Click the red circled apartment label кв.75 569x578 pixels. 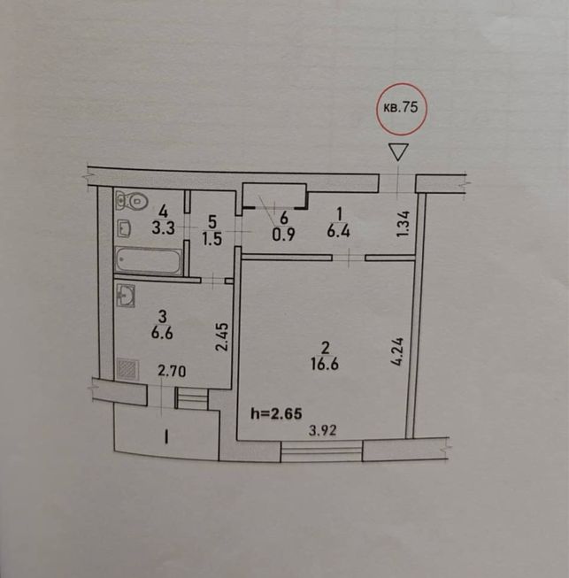(402, 109)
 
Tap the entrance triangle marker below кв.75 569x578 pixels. (398, 152)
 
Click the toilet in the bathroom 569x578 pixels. (132, 201)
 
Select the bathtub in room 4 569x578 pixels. (149, 261)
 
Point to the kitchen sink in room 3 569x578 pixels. (126, 296)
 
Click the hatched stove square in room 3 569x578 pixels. (127, 369)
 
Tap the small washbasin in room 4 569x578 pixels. (124, 229)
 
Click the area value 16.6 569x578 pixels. (325, 365)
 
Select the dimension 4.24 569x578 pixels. (398, 351)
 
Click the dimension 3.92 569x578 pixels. (322, 430)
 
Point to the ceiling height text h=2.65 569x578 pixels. (276, 413)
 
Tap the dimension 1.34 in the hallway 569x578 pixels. (404, 223)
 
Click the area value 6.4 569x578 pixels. (338, 232)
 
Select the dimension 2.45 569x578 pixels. (223, 336)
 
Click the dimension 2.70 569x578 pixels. (172, 371)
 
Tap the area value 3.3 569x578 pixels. (163, 228)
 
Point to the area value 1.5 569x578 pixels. (212, 239)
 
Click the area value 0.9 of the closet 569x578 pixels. (283, 235)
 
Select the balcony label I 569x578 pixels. (166, 438)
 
